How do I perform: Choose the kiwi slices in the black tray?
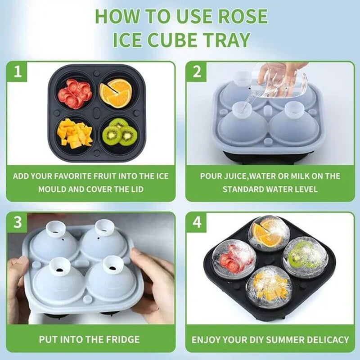pos(119,133)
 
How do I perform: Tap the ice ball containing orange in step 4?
pos(269,234)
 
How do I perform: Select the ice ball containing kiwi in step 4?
pos(305,253)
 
